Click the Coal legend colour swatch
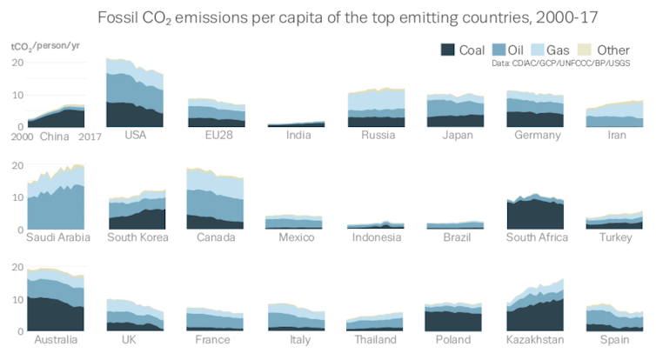pos(449,50)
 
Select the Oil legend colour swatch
pos(502,50)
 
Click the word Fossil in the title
pos(121,17)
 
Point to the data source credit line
pos(560,63)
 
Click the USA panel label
pos(135,135)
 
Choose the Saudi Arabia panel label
pos(59,237)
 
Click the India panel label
pos(298,135)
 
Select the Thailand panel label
pos(375,339)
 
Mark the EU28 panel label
pos(216,135)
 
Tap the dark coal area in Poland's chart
pos(452,322)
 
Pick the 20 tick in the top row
pos(17,63)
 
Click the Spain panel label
pos(615,339)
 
